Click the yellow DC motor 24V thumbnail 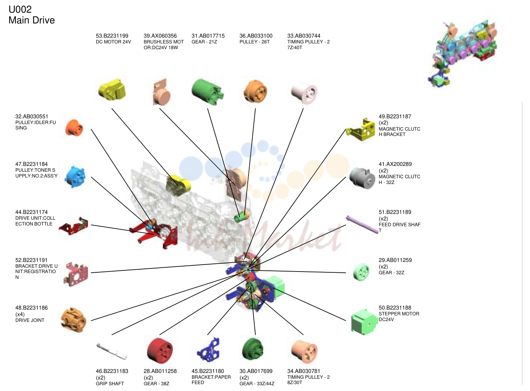[112, 90]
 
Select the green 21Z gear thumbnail [207, 92]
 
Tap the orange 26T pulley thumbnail [255, 91]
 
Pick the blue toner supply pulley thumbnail [75, 177]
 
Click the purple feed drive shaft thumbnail [362, 224]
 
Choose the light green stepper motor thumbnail [364, 322]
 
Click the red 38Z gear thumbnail [160, 351]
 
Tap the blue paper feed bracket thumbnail [209, 350]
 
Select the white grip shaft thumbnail [112, 351]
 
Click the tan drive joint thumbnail [74, 320]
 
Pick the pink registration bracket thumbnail [76, 274]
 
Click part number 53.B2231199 [112, 36]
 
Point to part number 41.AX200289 [395, 164]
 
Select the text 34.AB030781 [304, 371]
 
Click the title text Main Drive [32, 20]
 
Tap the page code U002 [20, 10]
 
